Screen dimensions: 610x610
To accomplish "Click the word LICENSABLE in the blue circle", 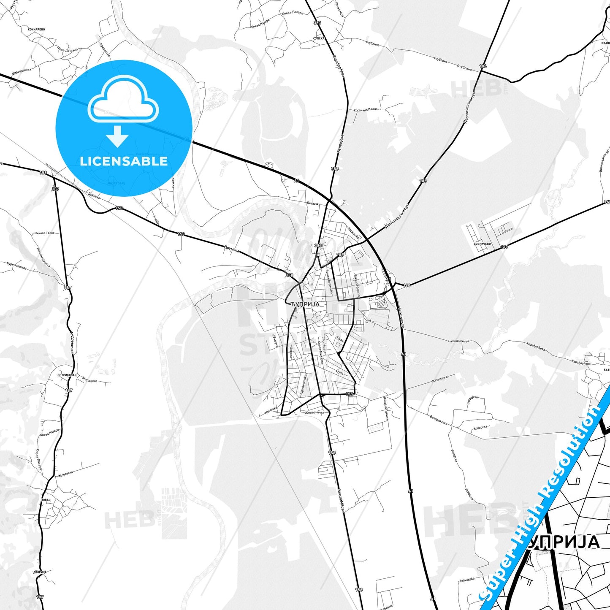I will coord(124,161).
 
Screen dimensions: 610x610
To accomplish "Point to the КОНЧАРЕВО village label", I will coord(36,30).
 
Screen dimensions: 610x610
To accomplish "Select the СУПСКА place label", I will coord(318,38).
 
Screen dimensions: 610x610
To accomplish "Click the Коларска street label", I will coord(481,427).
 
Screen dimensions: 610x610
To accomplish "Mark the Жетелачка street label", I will coord(439,378).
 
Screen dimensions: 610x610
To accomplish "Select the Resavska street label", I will coord(314,203).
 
